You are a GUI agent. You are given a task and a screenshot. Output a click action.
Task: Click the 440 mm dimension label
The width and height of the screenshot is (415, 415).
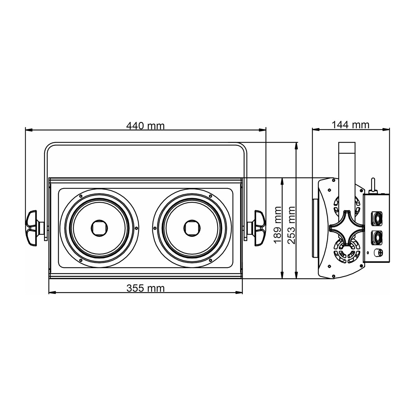[145, 126]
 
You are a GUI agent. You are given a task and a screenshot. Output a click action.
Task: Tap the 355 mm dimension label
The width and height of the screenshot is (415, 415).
[146, 288]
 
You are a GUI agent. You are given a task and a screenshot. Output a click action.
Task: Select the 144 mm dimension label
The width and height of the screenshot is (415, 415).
[350, 125]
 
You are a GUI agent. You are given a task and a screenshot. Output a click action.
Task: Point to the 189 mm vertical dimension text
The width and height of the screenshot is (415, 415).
[278, 224]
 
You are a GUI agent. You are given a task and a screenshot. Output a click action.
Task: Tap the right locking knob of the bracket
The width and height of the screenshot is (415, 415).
[257, 228]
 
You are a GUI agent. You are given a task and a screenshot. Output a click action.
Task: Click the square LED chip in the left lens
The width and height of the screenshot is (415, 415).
[99, 228]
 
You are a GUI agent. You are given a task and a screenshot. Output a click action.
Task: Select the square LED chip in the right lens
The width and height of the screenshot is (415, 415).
[192, 228]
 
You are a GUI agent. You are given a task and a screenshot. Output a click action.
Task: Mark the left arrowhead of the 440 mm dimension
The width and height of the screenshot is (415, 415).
[29, 130]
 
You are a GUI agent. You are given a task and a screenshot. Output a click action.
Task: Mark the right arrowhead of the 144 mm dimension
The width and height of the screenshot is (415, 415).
[386, 129]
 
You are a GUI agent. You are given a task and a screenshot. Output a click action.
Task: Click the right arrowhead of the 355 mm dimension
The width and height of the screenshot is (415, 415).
[239, 293]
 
